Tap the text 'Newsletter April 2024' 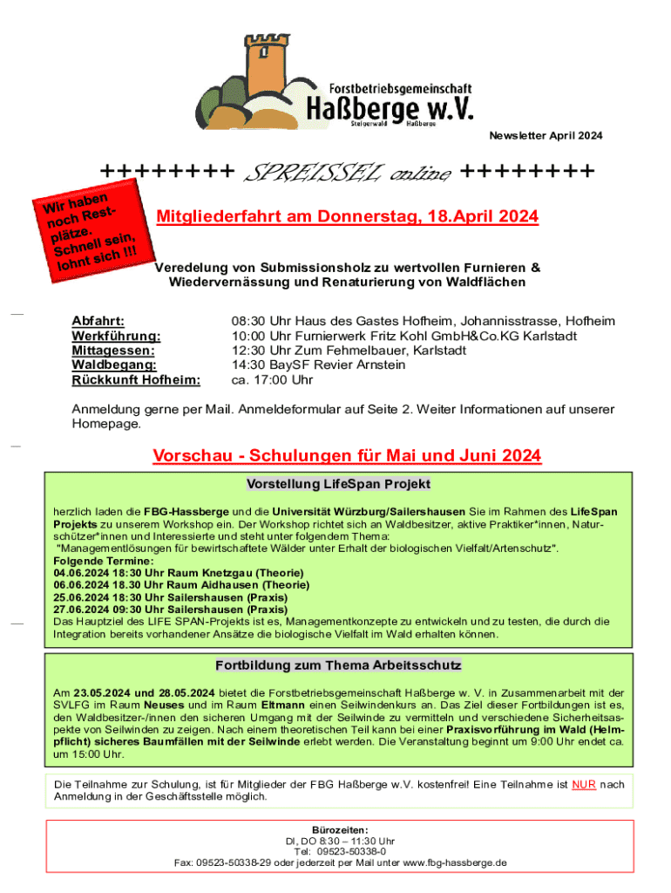545,136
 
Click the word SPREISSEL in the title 304,172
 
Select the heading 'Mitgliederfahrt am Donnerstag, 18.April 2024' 346,217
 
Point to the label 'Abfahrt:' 98,321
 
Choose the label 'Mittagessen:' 113,351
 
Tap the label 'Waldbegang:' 113,365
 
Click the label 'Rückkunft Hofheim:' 135,380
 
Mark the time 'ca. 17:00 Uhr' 272,380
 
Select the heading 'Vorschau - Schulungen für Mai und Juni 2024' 347,456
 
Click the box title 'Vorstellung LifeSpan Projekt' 338,484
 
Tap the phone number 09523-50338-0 354,852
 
